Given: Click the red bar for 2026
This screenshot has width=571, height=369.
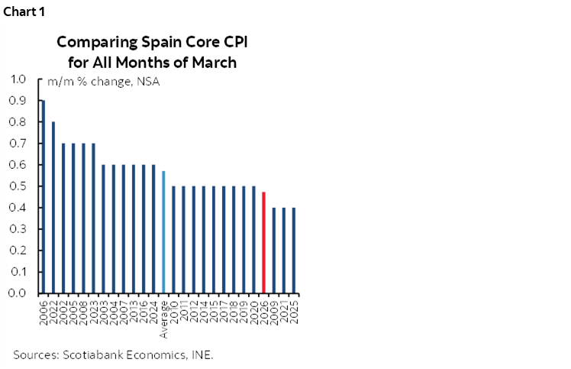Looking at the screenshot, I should tap(263, 242).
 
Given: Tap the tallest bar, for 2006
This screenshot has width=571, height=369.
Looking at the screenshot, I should tap(43, 196).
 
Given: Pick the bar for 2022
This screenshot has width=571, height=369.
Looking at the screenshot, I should tap(53, 207).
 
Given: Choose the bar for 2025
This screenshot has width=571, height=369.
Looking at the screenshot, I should tap(293, 250).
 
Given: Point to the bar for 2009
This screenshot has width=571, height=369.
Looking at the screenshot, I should tap(273, 250).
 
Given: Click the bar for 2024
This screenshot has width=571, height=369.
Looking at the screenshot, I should tap(153, 228).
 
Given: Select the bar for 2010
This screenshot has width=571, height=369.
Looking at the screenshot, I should tap(173, 239).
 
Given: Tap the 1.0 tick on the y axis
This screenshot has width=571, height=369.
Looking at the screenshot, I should tap(18, 79).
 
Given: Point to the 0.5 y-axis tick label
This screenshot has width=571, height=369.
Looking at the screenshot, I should tap(18, 186).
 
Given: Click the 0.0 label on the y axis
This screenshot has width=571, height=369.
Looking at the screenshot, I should tap(18, 293).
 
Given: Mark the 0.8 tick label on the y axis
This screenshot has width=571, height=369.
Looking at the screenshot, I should tap(18, 121).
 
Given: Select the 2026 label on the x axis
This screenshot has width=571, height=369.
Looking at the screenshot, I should tap(264, 310).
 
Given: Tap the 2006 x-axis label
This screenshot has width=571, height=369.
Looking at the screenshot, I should tap(44, 310).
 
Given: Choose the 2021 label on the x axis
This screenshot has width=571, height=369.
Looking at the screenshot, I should tap(284, 310).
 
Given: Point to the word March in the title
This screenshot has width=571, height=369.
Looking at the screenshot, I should tap(218, 62).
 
